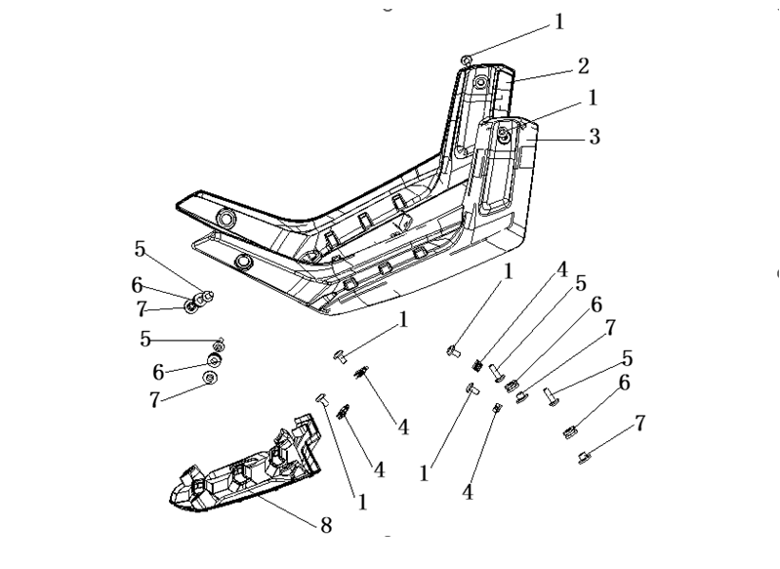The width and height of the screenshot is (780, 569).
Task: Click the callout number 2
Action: click(x=583, y=65)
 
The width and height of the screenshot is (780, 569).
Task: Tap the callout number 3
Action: click(x=594, y=138)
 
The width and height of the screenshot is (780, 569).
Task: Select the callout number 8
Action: click(x=326, y=525)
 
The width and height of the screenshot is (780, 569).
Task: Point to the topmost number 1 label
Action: click(x=559, y=21)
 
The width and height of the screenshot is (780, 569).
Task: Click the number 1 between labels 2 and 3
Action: click(x=593, y=98)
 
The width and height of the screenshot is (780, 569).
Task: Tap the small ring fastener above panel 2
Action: click(x=468, y=61)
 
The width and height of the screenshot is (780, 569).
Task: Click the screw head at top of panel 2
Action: click(x=481, y=84)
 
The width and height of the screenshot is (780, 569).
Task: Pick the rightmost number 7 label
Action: click(x=640, y=423)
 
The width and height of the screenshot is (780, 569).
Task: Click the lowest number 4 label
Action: click(x=468, y=494)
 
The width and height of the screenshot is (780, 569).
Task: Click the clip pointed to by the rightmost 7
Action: click(x=584, y=454)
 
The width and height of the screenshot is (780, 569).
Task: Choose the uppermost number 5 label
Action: click(x=140, y=250)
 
